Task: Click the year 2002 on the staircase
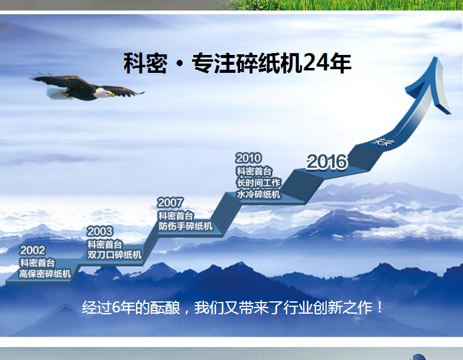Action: click(33, 251)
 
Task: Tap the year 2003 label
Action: click(100, 232)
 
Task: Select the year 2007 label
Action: click(170, 203)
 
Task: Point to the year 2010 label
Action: click(248, 158)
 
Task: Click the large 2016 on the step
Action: click(327, 162)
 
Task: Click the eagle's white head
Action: click(102, 92)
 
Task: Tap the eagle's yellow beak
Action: click(112, 95)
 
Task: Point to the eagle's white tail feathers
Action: click(56, 93)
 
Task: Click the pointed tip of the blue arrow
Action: click(435, 57)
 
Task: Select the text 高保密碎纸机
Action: click(45, 274)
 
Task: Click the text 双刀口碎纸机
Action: click(114, 254)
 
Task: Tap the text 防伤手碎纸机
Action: click(185, 226)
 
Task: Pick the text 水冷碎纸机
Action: click(259, 195)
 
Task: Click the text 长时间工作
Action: click(259, 183)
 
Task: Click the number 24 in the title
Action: click(315, 62)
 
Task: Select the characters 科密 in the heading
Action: click(145, 63)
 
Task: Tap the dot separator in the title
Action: click(179, 64)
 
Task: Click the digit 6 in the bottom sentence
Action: click(116, 308)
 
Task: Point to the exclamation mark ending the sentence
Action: click(380, 308)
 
